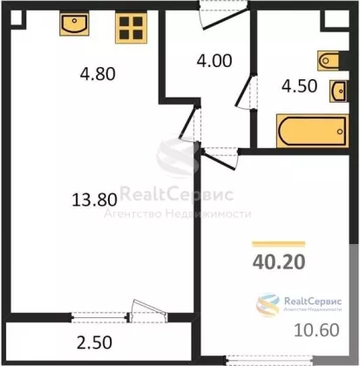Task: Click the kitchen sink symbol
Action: tap(74, 24)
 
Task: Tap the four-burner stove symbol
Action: tap(131, 28)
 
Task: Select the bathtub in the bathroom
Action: tap(312, 131)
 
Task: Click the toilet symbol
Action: tap(329, 61)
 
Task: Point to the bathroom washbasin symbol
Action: tap(338, 91)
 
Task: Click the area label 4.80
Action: tap(98, 74)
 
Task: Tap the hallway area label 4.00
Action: tap(214, 61)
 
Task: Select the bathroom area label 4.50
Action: tap(299, 86)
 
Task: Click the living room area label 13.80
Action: tap(94, 200)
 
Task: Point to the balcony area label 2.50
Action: tap(94, 342)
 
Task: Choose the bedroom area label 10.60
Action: tap(316, 330)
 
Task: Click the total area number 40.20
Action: tap(279, 261)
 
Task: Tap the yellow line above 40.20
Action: tap(279, 244)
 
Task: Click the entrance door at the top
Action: tap(224, 15)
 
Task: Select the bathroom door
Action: tap(246, 91)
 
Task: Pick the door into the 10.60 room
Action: tap(220, 158)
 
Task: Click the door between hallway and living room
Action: tap(189, 124)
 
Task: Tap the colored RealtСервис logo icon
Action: tap(268, 305)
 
